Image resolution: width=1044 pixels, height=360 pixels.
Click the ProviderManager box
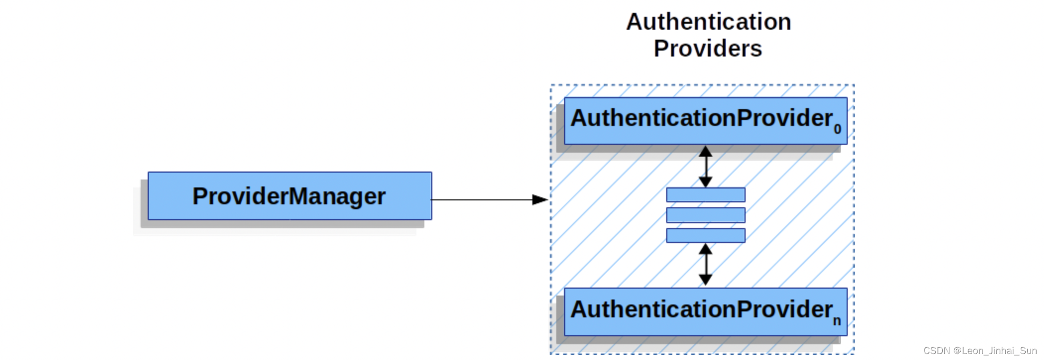tap(290, 196)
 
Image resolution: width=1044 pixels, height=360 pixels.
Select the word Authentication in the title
tap(708, 22)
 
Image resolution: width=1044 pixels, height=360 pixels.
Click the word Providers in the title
tap(708, 49)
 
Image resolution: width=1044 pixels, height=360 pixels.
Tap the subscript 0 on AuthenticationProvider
tap(837, 129)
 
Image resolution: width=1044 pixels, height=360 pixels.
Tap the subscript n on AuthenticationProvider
tap(837, 321)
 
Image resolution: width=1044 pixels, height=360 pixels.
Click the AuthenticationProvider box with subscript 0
tap(705, 120)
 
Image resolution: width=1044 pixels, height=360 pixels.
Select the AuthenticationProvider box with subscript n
tap(705, 311)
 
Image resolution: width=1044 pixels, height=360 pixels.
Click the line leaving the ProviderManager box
tap(481, 200)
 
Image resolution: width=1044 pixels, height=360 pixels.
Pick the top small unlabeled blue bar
tap(705, 195)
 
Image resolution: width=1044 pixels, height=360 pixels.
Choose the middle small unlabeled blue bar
tap(705, 215)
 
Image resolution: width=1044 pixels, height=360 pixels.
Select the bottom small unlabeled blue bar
tap(705, 236)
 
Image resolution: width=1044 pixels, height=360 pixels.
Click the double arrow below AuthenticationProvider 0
tap(705, 166)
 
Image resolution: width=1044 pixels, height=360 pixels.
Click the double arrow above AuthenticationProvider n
tap(705, 265)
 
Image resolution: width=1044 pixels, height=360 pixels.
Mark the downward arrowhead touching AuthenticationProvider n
tap(705, 280)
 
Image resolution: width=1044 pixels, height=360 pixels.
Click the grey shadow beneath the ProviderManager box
tap(283, 224)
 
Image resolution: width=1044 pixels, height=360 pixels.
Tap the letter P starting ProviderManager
tap(199, 196)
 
